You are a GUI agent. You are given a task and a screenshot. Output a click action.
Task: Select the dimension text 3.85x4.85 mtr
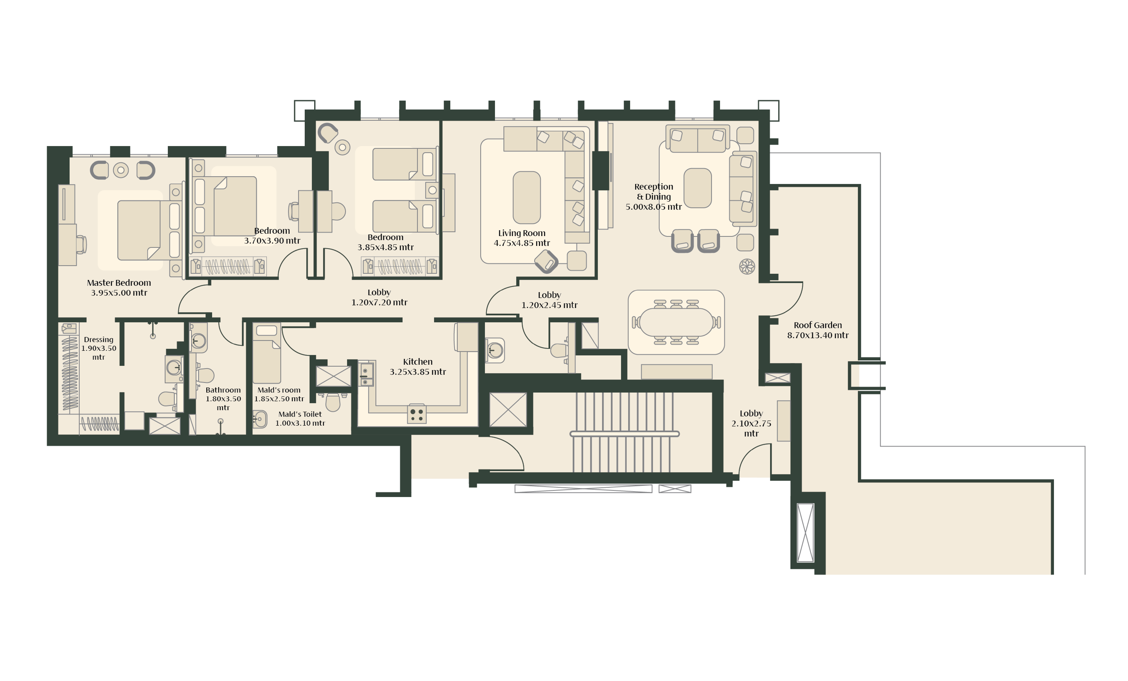point(386,247)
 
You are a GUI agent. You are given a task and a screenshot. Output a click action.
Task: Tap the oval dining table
point(676,322)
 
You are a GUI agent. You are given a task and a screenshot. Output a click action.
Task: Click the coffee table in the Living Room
point(526,197)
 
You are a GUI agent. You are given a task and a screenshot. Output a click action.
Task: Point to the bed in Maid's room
point(266,353)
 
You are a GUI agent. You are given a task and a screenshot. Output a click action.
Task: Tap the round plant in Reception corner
point(747,267)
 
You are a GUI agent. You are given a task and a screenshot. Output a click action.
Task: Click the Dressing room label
point(98,339)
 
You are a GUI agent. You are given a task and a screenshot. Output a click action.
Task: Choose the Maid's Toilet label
point(300,414)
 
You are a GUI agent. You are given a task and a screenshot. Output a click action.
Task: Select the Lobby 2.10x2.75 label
point(751,423)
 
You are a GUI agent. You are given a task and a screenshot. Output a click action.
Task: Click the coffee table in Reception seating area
point(698,188)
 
